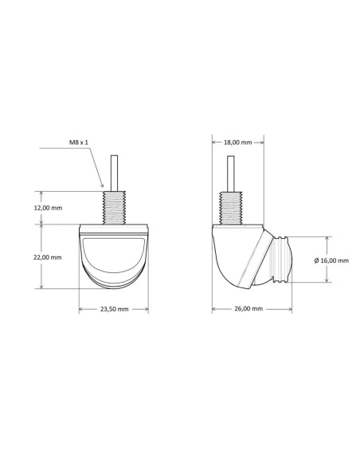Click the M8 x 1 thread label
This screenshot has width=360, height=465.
[79, 143]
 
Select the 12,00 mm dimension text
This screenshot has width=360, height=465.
[48, 208]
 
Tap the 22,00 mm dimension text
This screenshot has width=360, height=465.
[48, 257]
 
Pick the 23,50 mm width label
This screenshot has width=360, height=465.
[114, 309]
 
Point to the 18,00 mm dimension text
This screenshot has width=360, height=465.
[237, 143]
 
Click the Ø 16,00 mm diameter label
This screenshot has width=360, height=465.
[331, 260]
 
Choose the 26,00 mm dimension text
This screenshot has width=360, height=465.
[248, 309]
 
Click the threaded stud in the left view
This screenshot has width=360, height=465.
[115, 208]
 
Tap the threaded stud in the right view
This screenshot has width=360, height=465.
[230, 209]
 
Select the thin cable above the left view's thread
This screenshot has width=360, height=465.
[114, 174]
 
